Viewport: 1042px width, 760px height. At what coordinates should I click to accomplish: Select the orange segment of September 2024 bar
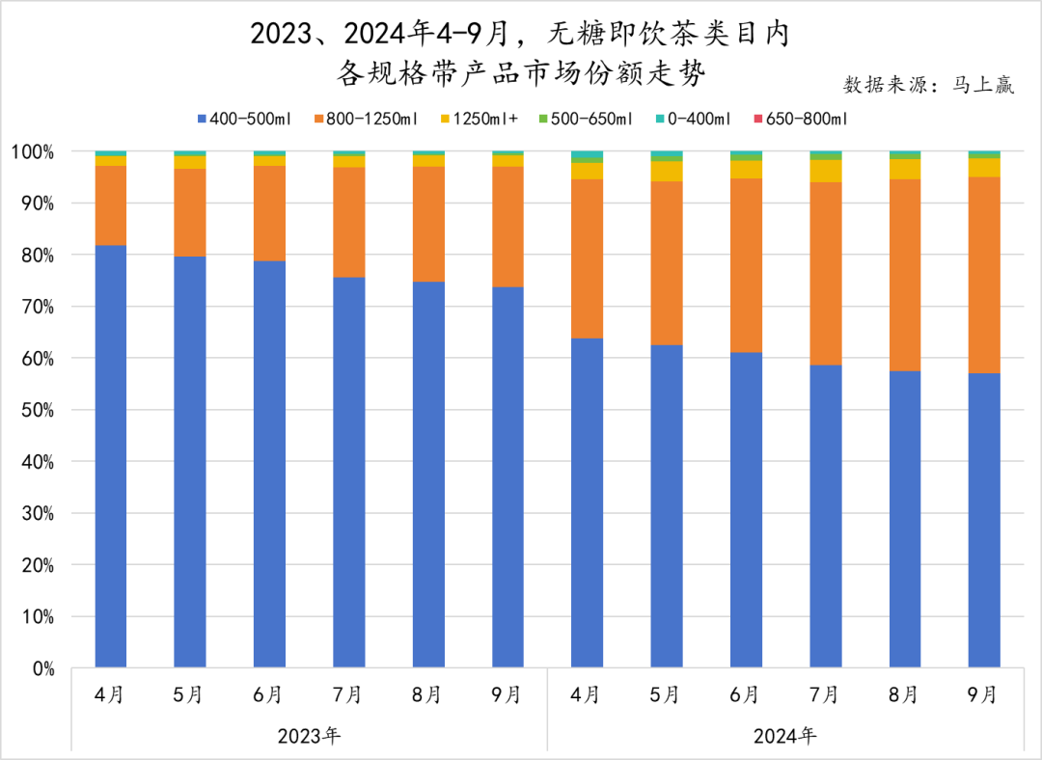coord(984,275)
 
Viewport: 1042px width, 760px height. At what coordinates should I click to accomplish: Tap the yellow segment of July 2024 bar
coord(826,171)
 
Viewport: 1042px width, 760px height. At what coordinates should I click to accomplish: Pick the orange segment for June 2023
coord(269,213)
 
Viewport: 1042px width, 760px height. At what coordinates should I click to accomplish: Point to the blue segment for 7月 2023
coord(348,472)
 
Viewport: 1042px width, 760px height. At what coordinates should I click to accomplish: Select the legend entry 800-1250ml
coord(366,120)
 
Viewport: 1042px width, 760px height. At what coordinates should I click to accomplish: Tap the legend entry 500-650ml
coord(586,120)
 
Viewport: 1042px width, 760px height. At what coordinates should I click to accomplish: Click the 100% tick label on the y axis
coord(34,152)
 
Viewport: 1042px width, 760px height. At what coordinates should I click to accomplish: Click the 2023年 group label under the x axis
coord(309,736)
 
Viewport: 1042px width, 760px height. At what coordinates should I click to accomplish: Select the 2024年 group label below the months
coord(785,736)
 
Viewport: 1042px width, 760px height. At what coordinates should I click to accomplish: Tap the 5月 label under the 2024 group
coord(667,694)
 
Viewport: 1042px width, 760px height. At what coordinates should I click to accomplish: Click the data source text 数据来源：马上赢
coord(929,84)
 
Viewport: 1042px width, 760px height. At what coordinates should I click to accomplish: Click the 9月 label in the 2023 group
coord(507,694)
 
